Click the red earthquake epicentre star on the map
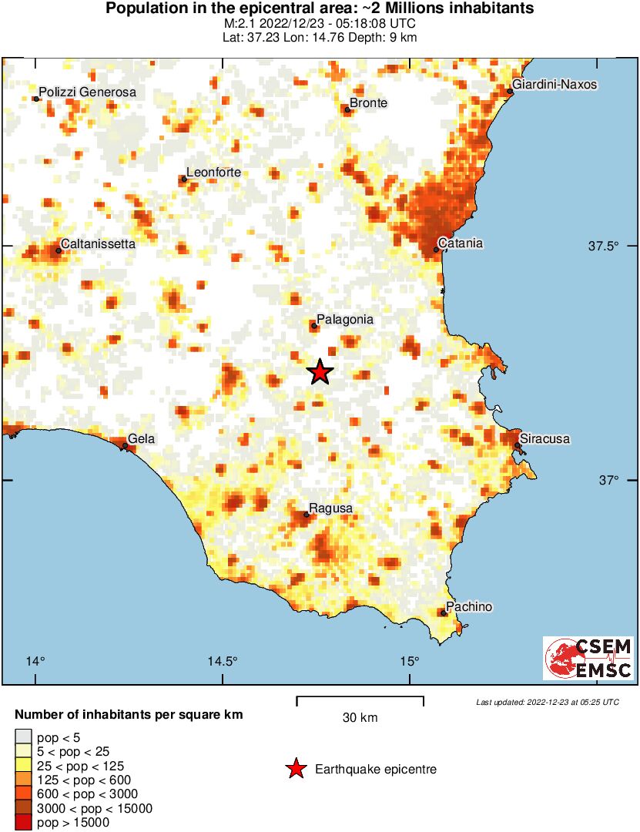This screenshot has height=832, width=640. pyautogui.click(x=320, y=372)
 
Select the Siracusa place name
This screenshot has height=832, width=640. pyautogui.click(x=545, y=439)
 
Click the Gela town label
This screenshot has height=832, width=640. pyautogui.click(x=141, y=439)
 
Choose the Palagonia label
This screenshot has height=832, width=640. pyautogui.click(x=345, y=319)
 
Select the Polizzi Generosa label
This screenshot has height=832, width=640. pyautogui.click(x=87, y=92)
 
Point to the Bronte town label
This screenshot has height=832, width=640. pyautogui.click(x=368, y=102)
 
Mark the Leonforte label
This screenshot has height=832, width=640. pyautogui.click(x=214, y=173)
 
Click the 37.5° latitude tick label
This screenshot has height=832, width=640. pyautogui.click(x=604, y=247)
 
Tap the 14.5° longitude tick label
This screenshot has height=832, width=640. pyautogui.click(x=223, y=661)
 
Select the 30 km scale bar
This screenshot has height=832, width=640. pyautogui.click(x=360, y=701)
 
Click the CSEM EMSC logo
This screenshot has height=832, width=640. pyautogui.click(x=588, y=658)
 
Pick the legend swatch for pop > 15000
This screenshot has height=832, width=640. pyautogui.click(x=24, y=822)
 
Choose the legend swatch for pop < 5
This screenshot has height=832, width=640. pyautogui.click(x=24, y=737)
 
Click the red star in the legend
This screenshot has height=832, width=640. pyautogui.click(x=294, y=769)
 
